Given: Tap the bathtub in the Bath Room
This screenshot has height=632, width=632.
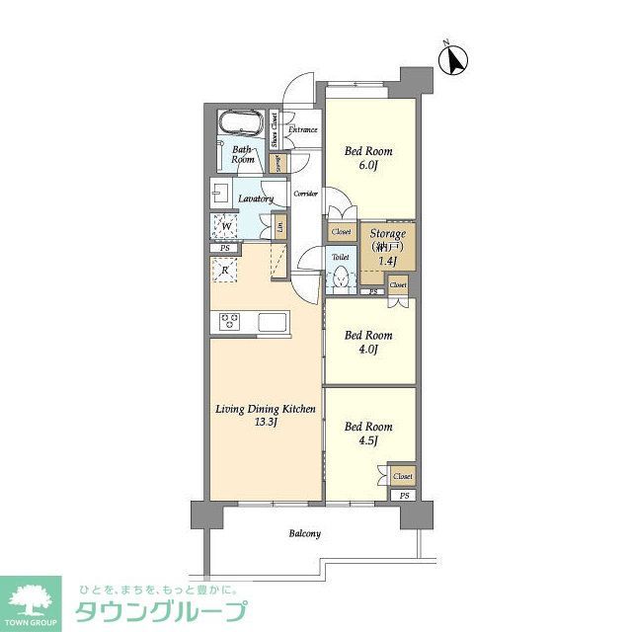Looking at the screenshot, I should pos(240,124).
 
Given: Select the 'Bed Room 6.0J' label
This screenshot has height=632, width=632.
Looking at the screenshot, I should pos(368,158).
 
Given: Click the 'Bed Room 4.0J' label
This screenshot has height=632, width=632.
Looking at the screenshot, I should pos(368,342).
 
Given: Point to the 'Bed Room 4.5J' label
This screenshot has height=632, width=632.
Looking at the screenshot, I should pos(368,434).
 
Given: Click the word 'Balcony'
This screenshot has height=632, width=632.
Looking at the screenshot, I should pos(304,534).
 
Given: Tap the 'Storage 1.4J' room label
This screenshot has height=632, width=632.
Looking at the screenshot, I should pos(387,247).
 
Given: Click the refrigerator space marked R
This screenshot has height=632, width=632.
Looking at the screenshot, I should pos(226,270).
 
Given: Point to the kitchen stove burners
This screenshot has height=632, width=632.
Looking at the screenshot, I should pos(230,321).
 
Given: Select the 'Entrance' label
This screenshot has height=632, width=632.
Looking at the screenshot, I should pos(302,130).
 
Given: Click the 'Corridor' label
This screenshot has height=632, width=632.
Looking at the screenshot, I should pos(305,194).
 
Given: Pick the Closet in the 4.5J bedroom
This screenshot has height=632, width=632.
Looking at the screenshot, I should pos(402,476).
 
